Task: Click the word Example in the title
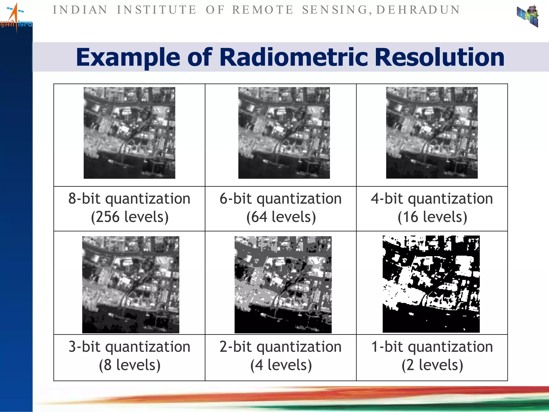click(x=128, y=58)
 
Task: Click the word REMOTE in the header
click(x=262, y=10)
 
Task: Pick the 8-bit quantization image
click(x=129, y=133)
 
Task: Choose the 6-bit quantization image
click(x=284, y=133)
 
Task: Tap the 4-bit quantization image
click(x=432, y=133)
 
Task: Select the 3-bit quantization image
click(x=131, y=285)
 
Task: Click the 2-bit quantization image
click(x=283, y=285)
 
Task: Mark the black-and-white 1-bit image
click(x=431, y=284)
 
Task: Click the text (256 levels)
click(x=130, y=217)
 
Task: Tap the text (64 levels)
click(x=281, y=217)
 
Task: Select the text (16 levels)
click(x=432, y=217)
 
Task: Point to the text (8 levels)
click(x=130, y=365)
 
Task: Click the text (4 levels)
click(x=281, y=365)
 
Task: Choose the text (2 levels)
click(x=432, y=365)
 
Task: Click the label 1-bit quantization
click(x=432, y=347)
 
